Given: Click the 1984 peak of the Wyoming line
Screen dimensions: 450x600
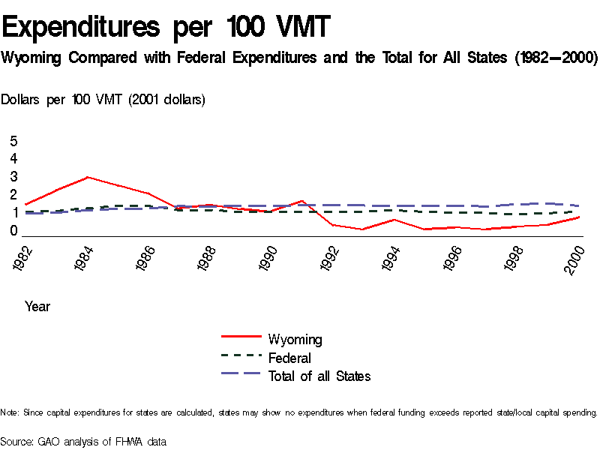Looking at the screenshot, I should (88, 177).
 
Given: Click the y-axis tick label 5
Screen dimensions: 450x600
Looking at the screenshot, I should (13, 142).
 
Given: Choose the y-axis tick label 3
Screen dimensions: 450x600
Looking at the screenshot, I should (13, 177).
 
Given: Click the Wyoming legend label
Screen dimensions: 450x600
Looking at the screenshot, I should (295, 340).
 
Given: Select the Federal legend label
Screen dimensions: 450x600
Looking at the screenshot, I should (289, 358).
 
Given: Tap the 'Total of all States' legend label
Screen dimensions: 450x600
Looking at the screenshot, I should (319, 376).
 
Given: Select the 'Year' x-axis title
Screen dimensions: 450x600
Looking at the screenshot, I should (37, 307).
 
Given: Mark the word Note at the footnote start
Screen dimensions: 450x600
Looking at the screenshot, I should (10, 412).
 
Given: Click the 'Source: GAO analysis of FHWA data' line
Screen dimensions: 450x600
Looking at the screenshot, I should (82, 442).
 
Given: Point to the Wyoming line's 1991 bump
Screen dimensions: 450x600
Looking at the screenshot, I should (301, 201).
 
